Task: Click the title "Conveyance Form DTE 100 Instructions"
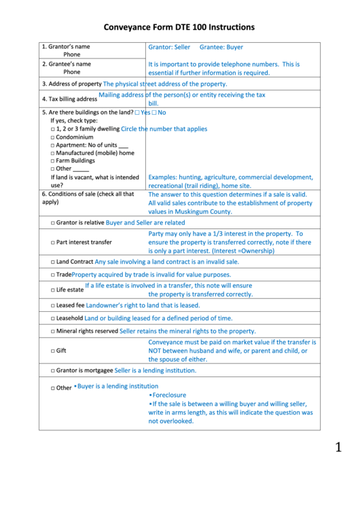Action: tap(179, 28)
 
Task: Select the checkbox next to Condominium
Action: tap(53, 137)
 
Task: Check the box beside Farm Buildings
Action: tap(53, 161)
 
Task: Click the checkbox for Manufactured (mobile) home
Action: tap(53, 153)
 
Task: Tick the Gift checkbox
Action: tap(53, 351)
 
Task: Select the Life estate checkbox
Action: tap(53, 289)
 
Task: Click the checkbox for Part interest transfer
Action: tap(53, 242)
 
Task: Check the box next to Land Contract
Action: tap(53, 262)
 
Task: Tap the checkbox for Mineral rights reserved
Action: tap(53, 332)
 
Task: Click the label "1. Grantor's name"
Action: tap(66, 47)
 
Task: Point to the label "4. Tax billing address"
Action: tap(69, 99)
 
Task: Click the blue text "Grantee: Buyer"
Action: tap(221, 48)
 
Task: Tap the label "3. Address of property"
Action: tap(71, 84)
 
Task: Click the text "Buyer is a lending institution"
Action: tap(118, 386)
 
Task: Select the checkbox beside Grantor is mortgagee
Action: tap(53, 371)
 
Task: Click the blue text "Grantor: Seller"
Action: tap(169, 48)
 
